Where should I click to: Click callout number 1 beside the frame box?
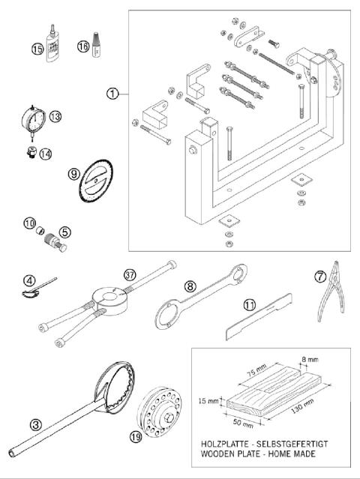[112, 94]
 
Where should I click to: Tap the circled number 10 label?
[29, 224]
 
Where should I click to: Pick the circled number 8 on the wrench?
[190, 285]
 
